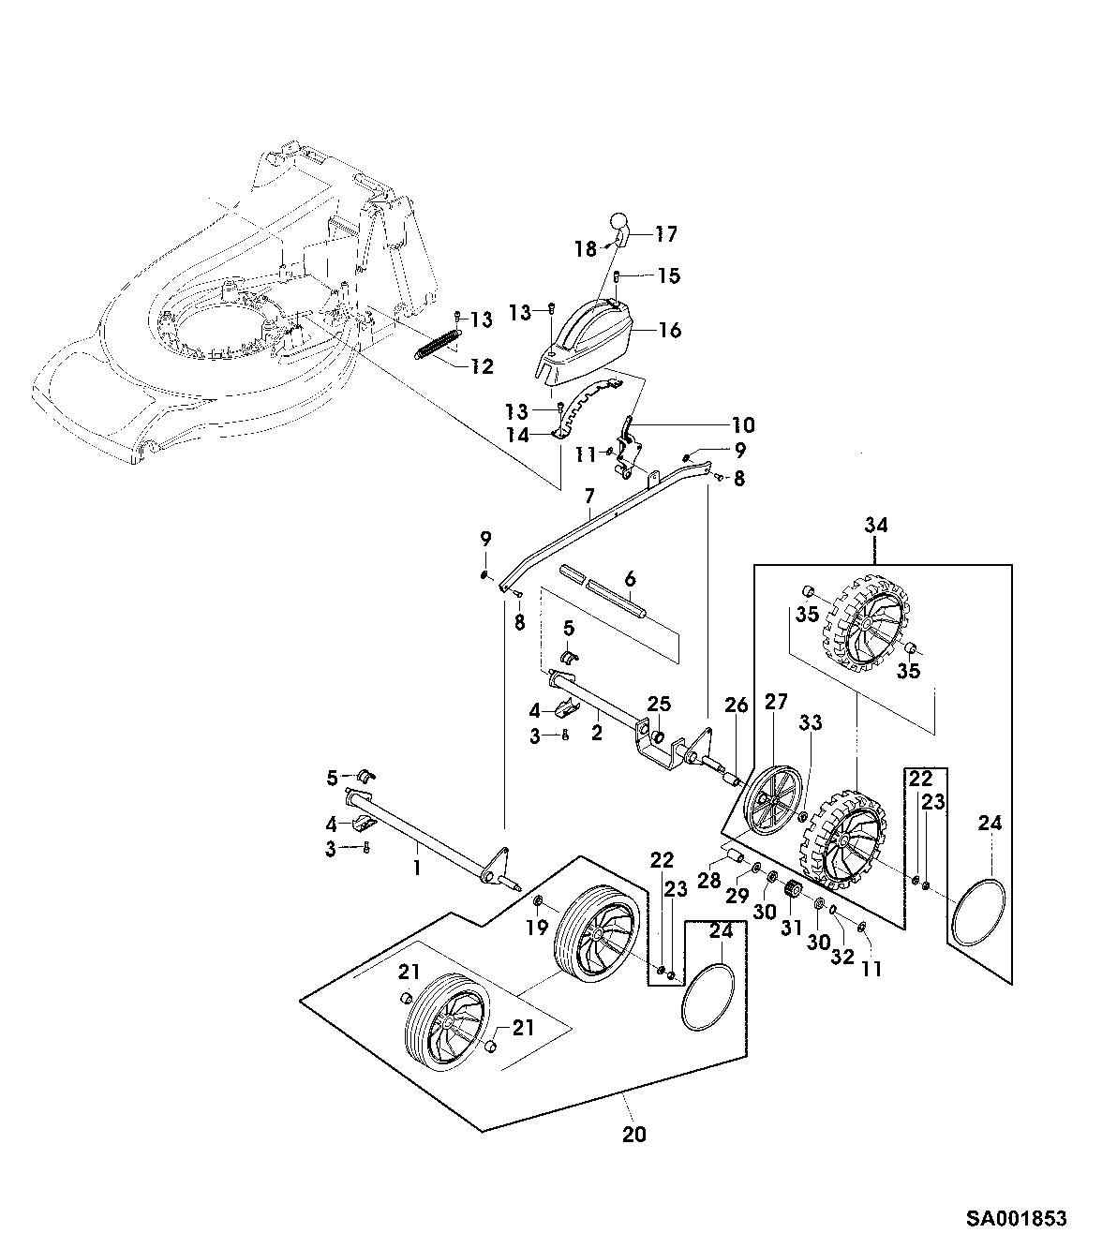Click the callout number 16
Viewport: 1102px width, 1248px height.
[x=670, y=330]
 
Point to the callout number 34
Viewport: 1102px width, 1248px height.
[x=876, y=525]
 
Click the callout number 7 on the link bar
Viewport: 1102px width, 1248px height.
[x=589, y=496]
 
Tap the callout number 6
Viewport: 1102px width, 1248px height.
[x=630, y=579]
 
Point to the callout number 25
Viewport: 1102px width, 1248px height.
[x=659, y=704]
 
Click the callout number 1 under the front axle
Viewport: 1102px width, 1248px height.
[x=417, y=868]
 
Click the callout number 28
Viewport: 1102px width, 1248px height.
[x=709, y=881]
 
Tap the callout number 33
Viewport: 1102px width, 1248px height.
[x=811, y=722]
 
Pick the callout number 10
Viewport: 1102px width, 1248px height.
[x=743, y=425]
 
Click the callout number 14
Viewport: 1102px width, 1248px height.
[x=517, y=436]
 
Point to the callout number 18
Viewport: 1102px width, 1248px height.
[x=585, y=249]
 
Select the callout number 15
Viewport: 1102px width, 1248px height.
[x=668, y=275]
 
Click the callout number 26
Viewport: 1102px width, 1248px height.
[x=737, y=706]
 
